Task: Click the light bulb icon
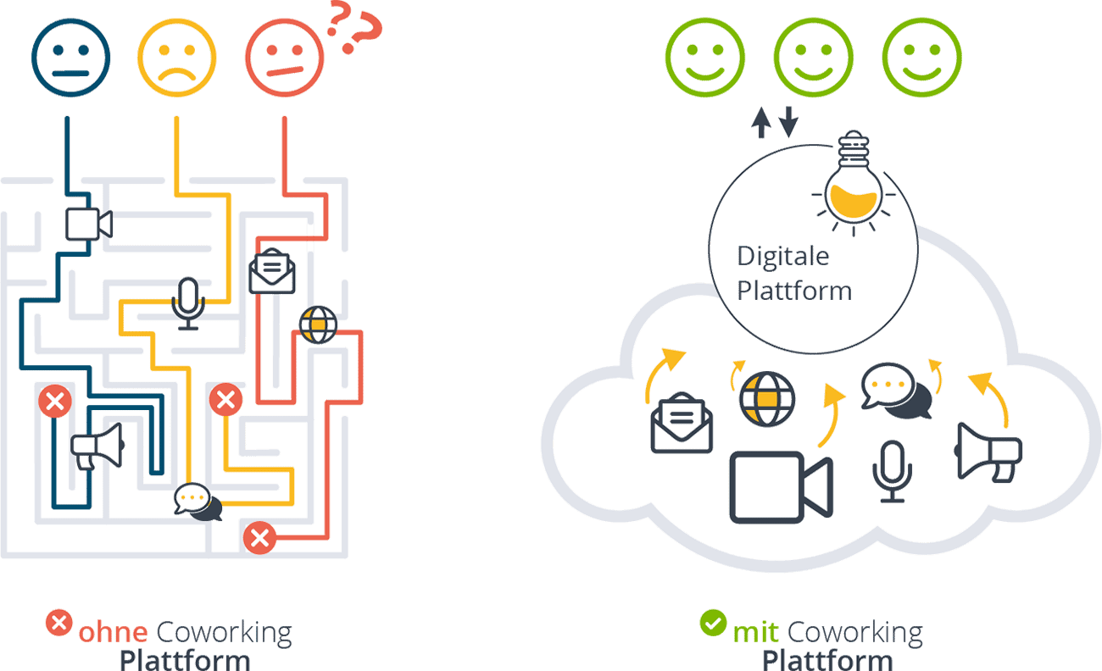point(851,182)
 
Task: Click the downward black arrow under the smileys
point(789,122)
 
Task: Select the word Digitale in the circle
point(783,256)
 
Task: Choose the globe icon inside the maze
point(319,324)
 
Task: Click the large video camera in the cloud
point(781,487)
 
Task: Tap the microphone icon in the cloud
point(893,471)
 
